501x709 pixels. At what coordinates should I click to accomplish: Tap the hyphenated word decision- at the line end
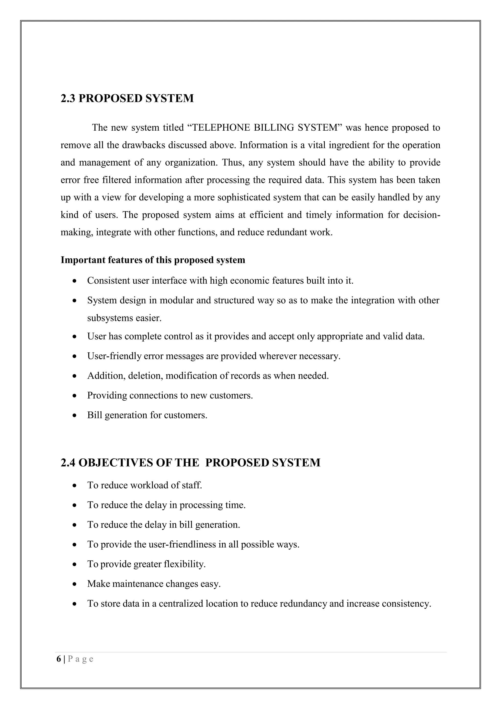click(x=422, y=215)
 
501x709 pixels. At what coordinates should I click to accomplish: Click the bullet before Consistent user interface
click(x=74, y=281)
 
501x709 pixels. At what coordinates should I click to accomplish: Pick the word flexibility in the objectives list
click(x=185, y=564)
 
